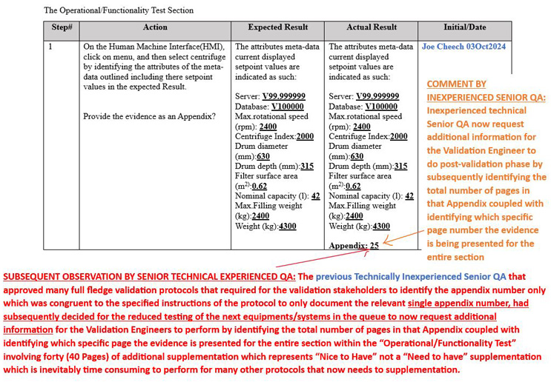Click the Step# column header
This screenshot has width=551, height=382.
coord(62,27)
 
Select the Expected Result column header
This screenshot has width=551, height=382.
coord(277,27)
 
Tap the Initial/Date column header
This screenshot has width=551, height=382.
coord(464,27)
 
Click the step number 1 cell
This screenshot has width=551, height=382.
coord(51,47)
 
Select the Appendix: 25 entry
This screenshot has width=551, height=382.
coord(354,246)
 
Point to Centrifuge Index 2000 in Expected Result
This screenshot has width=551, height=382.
coord(305,137)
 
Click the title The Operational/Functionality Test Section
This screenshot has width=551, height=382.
coord(119,10)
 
